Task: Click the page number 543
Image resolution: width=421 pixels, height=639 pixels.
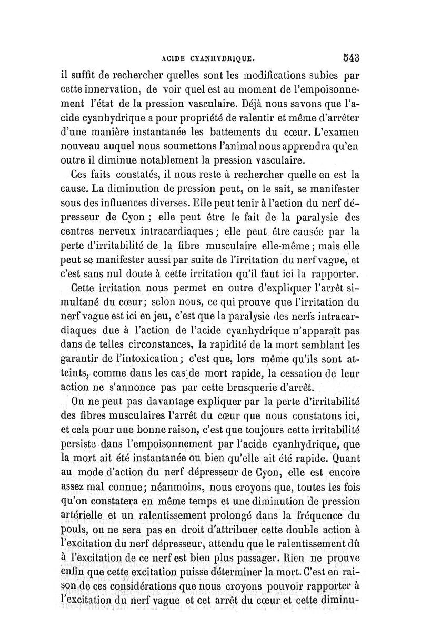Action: pyautogui.click(x=349, y=56)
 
